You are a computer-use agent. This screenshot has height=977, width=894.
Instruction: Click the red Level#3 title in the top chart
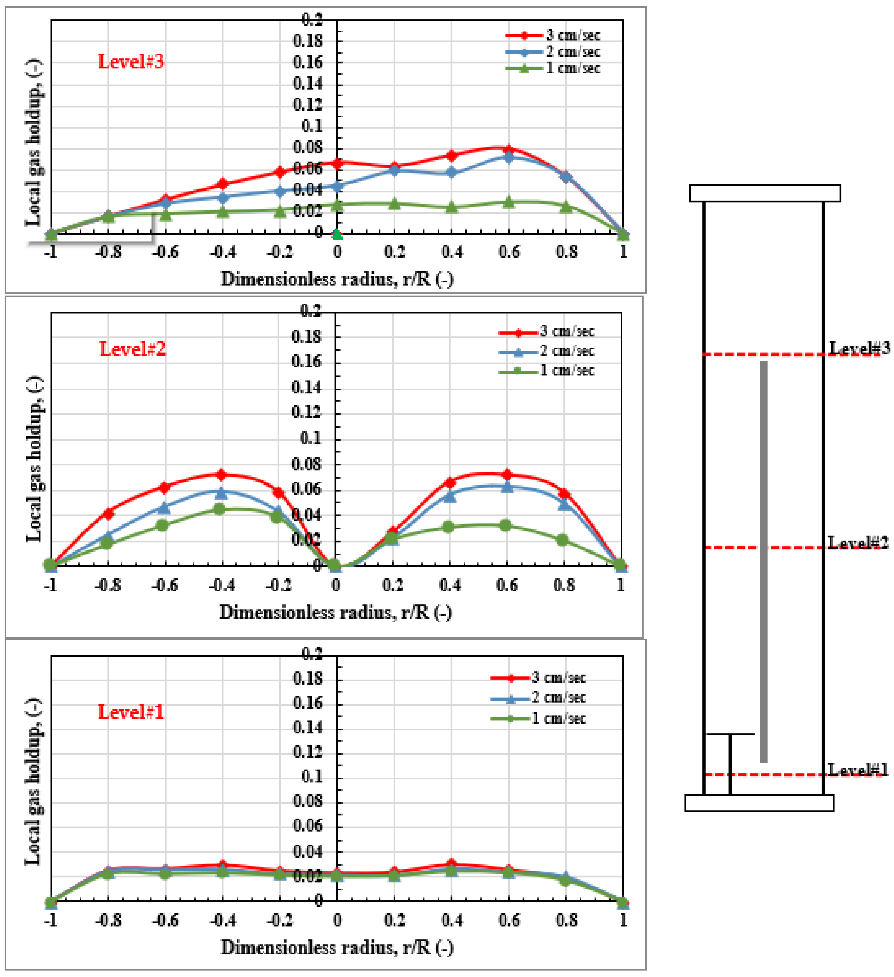131,62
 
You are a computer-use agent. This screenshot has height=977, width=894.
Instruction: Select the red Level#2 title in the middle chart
132,349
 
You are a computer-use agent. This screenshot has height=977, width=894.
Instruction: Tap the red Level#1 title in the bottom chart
131,712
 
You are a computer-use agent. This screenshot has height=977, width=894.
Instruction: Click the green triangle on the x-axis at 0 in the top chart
337,235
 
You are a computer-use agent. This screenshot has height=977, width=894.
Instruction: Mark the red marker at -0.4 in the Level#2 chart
221,474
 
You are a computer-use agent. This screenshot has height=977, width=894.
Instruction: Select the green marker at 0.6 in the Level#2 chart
505,525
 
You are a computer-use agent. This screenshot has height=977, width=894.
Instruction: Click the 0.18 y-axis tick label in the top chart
308,41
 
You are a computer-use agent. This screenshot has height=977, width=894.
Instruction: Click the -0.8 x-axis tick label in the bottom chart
107,920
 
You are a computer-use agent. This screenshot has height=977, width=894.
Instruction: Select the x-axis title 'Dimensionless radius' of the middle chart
336,613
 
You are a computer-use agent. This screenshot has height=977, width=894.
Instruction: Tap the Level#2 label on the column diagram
858,543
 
